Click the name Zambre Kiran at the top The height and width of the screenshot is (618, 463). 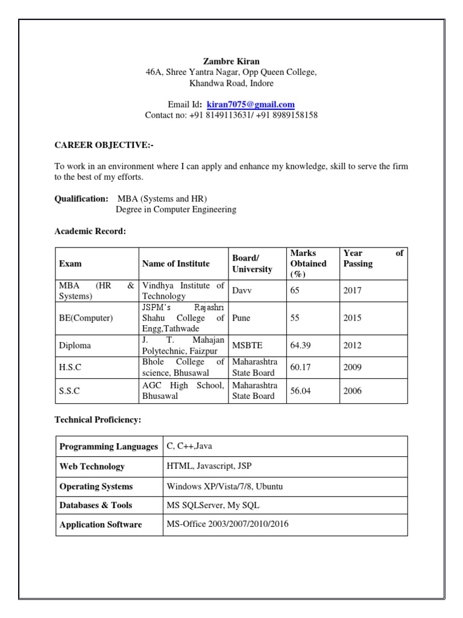point(231,62)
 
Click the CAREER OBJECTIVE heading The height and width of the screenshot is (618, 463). point(100,145)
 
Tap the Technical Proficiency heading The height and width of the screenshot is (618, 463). point(98,419)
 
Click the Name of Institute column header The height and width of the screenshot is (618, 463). point(176,263)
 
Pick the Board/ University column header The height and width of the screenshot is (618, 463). point(253,263)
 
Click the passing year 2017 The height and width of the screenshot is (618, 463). point(352,290)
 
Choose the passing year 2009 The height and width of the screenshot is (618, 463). point(352,367)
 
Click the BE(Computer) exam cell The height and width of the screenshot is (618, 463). point(86,318)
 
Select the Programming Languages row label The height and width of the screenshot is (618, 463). point(107,447)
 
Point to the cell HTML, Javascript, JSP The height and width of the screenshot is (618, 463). point(209,467)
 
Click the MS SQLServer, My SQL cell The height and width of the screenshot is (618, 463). point(213,505)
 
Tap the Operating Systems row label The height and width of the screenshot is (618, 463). point(96,486)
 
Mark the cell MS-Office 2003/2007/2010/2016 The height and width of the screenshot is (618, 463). point(227,524)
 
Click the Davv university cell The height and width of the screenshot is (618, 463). point(242,290)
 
